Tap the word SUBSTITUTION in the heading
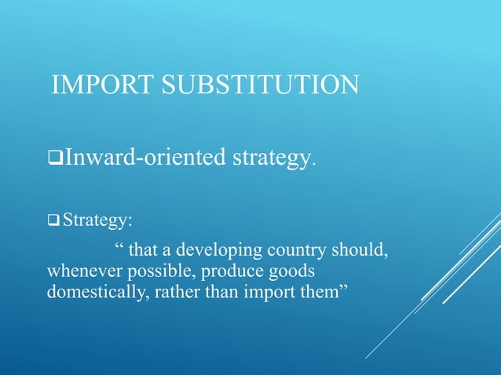[258, 85]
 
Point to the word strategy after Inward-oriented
[272, 160]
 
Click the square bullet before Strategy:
[54, 219]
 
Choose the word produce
[231, 271]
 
